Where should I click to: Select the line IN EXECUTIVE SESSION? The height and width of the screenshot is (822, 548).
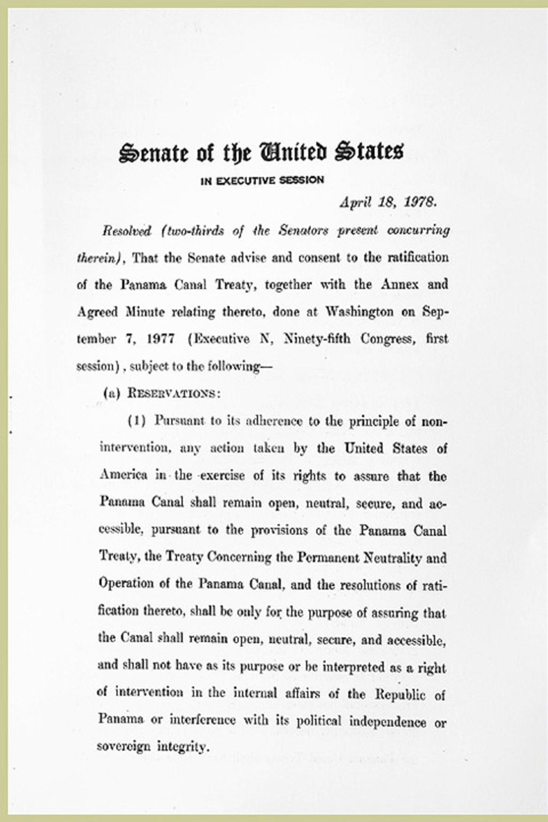pyautogui.click(x=262, y=180)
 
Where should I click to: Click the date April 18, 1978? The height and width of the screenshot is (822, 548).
pyautogui.click(x=390, y=203)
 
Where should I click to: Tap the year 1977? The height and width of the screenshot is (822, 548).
pyautogui.click(x=162, y=339)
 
